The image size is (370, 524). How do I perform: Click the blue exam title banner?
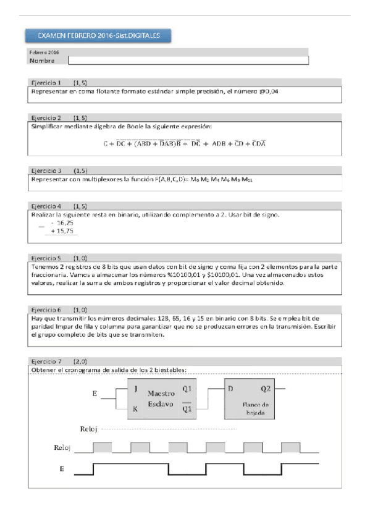click(x=98, y=36)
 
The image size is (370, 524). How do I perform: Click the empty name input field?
click(x=188, y=61)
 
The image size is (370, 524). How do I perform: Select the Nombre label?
click(x=42, y=61)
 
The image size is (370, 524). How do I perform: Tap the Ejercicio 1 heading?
click(x=46, y=82)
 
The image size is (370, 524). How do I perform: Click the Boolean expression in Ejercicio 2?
click(x=184, y=143)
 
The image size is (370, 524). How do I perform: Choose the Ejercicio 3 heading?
click(x=46, y=170)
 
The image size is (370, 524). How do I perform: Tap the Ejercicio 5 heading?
click(x=46, y=257)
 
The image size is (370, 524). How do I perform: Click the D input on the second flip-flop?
click(x=230, y=389)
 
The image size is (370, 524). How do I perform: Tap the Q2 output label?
click(x=265, y=389)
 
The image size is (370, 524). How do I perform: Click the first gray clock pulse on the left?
click(x=102, y=446)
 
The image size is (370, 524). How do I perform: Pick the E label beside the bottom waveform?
click(x=61, y=469)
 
